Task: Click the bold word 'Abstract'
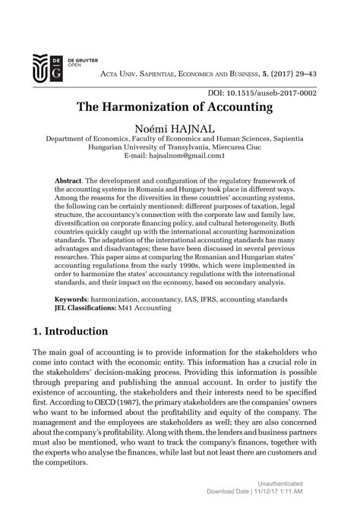click(69, 181)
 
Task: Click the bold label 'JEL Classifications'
click(83, 310)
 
